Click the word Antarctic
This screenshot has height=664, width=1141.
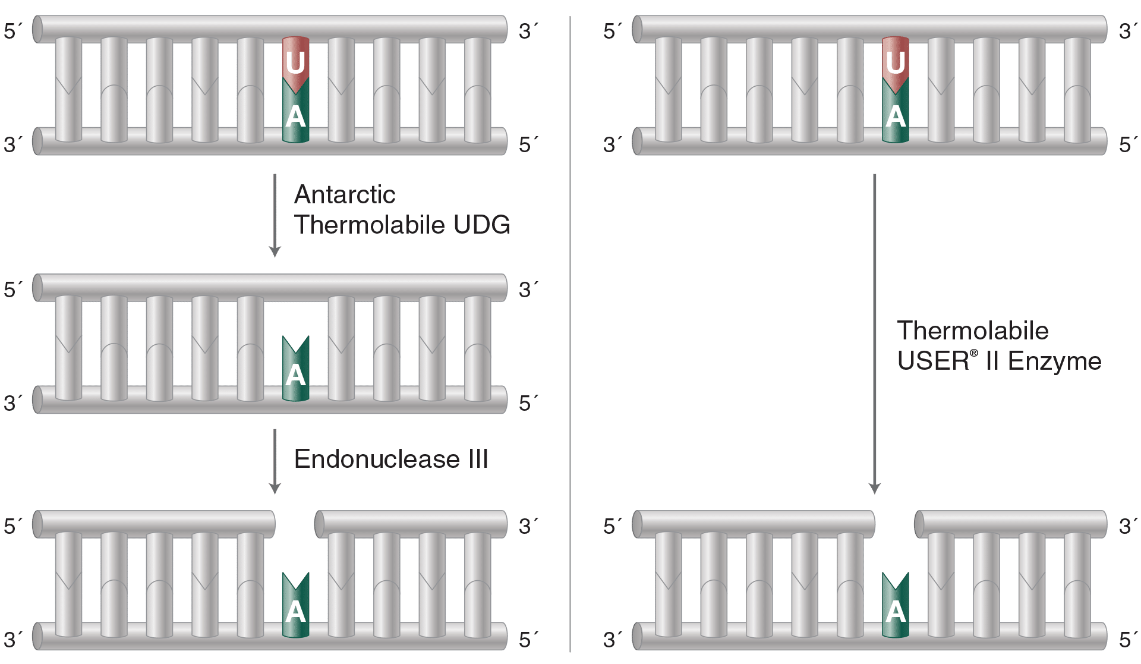[x=345, y=194]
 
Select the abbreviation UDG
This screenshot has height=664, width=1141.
[x=481, y=225]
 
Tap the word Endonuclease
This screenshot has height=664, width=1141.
[x=376, y=459]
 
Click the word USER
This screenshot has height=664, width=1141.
[x=932, y=361]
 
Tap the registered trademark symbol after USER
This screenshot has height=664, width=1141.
[x=974, y=354]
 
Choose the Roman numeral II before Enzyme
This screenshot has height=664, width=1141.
[x=992, y=361]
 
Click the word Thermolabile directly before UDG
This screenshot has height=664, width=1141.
[x=369, y=225]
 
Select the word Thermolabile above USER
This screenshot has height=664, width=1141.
[x=973, y=331]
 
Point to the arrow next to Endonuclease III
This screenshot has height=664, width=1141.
[x=275, y=461]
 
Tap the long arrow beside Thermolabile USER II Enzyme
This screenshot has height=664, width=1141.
[x=874, y=333]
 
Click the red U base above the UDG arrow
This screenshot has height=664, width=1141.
[x=295, y=62]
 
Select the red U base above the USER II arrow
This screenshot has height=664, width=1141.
[x=896, y=62]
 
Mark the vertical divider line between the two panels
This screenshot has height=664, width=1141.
[x=570, y=333]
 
